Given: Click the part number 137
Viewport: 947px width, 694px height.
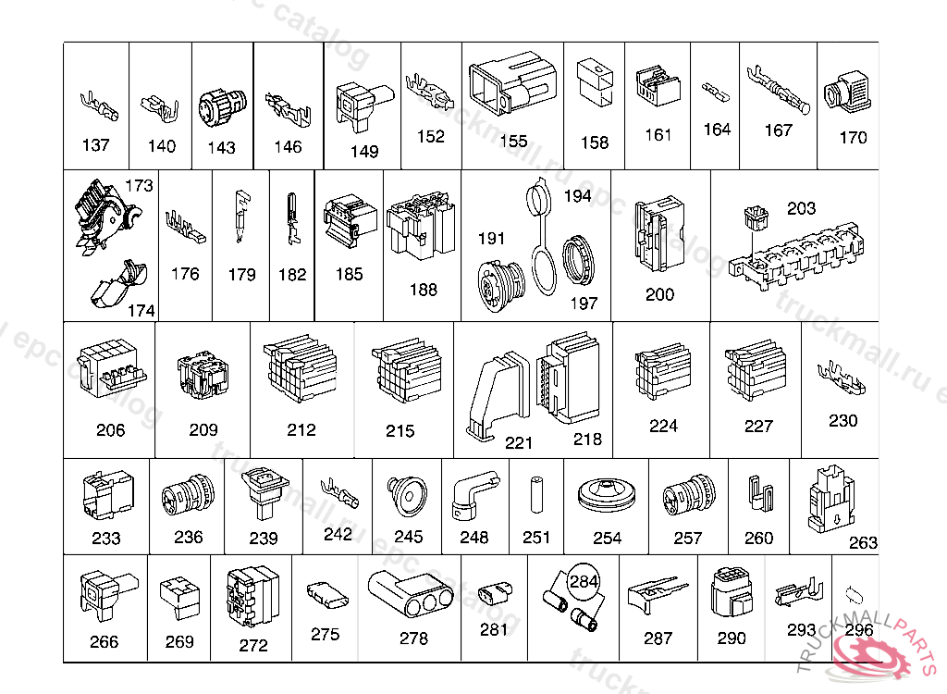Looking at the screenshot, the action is [95, 145].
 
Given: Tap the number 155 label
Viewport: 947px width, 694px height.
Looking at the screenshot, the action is [513, 142].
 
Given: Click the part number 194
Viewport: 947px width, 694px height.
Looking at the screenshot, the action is [577, 196].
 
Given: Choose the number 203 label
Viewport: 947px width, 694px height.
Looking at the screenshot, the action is [801, 208].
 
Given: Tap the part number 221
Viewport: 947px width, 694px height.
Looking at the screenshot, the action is [519, 443].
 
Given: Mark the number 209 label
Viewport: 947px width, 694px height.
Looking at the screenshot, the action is [203, 429].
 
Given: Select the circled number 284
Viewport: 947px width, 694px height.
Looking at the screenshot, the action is [584, 582].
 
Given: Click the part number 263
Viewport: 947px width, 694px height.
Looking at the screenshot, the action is [863, 542].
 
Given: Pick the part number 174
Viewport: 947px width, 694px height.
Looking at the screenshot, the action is [141, 311].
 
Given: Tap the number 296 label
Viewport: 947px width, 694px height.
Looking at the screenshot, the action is [859, 630].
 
